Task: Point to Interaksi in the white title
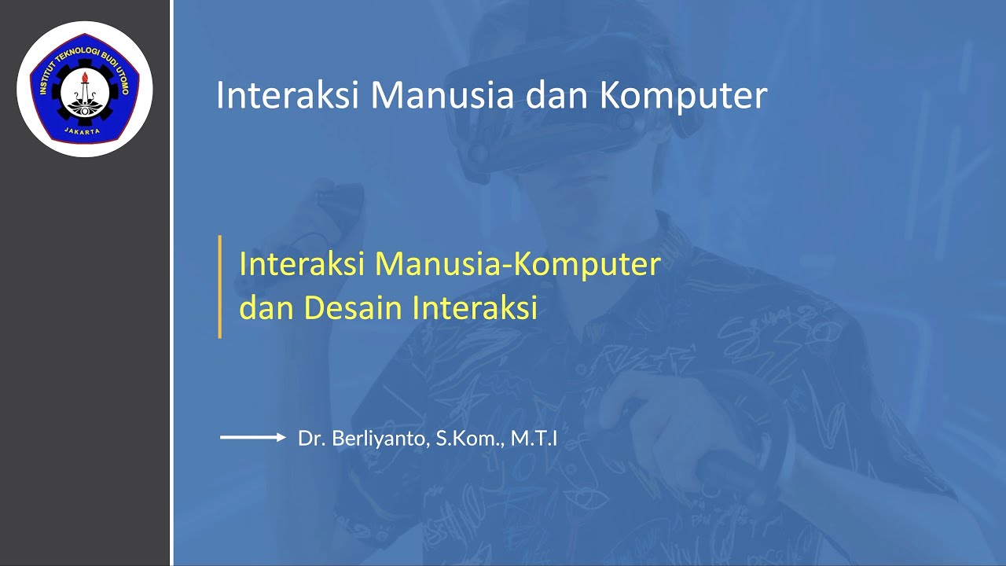[286, 96]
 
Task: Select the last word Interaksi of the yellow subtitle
[475, 308]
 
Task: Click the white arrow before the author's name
[252, 438]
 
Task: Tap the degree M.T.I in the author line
[534, 439]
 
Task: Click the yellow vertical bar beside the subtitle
[219, 287]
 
